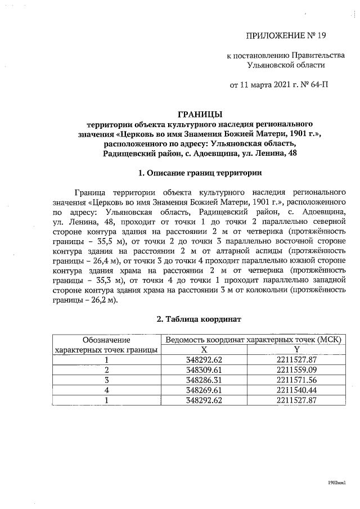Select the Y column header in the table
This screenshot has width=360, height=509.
pos(298,350)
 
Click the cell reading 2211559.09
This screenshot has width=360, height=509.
pos(298,370)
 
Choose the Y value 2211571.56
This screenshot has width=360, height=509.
pos(298,380)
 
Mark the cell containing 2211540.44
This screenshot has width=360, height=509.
pos(298,390)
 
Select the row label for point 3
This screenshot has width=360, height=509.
pos(106,380)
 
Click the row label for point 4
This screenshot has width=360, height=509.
pos(106,390)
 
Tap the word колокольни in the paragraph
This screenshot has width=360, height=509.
pos(260,290)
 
